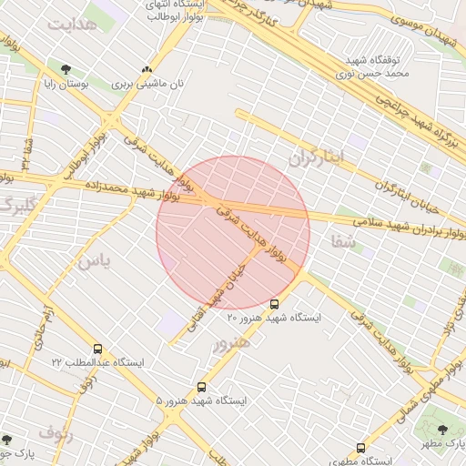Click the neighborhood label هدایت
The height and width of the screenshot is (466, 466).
point(74,25)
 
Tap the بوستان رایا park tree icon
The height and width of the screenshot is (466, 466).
point(66,69)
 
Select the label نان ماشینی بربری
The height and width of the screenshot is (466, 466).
point(148,83)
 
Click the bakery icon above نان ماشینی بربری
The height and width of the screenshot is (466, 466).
point(147,69)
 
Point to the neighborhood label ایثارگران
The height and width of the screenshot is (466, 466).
point(319,157)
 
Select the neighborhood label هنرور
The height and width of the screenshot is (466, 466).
point(231,344)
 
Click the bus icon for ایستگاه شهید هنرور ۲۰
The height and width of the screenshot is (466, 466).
point(275,303)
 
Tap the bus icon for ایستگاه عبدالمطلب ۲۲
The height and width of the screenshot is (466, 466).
point(97,349)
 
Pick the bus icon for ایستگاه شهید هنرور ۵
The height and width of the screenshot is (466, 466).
point(201,387)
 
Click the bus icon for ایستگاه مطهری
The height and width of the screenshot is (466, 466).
point(361,448)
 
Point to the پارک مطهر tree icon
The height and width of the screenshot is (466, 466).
point(443,430)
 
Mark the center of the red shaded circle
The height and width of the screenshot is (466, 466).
point(233,232)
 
